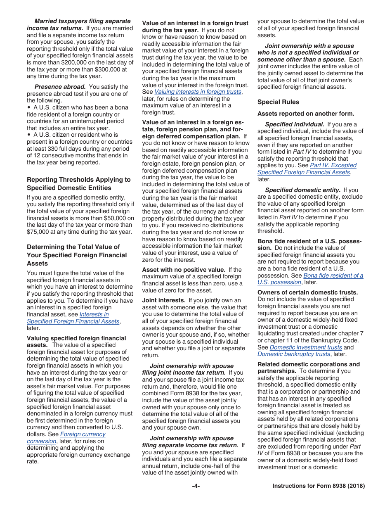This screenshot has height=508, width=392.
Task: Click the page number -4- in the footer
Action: click(196, 486)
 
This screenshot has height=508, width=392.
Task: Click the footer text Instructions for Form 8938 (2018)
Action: click(319, 486)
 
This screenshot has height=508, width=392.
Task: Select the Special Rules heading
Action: click(278, 102)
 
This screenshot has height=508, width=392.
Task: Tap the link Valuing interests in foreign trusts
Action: click(198, 92)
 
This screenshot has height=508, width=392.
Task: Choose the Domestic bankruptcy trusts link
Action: click(294, 354)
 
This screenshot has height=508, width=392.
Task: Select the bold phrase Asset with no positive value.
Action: click(184, 270)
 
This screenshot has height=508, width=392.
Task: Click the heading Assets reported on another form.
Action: click(306, 114)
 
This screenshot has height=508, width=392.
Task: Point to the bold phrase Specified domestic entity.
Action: click(302, 190)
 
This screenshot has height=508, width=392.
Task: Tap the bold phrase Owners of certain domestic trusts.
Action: click(307, 292)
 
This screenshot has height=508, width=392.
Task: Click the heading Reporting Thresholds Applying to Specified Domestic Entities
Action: click(78, 183)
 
